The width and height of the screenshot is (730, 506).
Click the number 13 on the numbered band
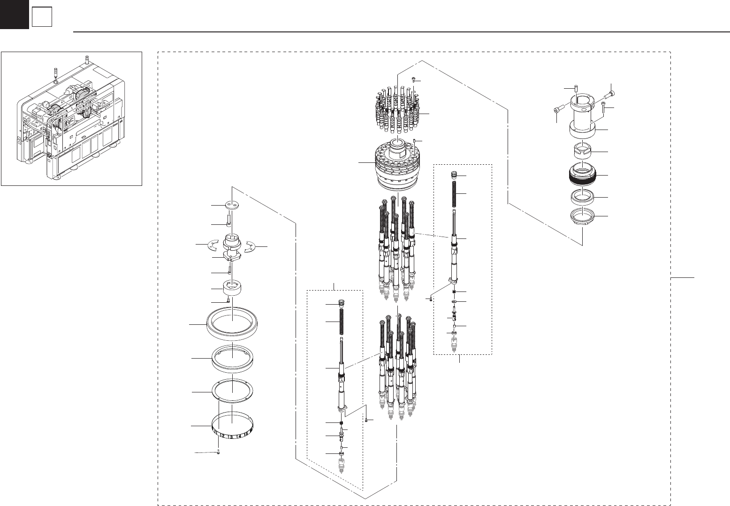(x=230, y=437)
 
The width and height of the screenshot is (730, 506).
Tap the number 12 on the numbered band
(x=222, y=435)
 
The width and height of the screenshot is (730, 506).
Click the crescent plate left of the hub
(x=213, y=245)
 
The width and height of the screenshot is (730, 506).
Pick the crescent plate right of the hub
(x=250, y=245)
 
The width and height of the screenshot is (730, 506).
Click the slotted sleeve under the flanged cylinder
(x=581, y=152)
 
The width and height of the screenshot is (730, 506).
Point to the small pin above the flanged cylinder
(x=577, y=88)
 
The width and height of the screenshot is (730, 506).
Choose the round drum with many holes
(x=397, y=167)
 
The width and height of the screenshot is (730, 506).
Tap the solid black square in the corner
(x=14, y=14)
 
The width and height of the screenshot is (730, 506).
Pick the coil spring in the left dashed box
(x=341, y=321)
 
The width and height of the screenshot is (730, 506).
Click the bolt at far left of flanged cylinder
(x=556, y=109)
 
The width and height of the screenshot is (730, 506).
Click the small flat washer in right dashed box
(x=454, y=301)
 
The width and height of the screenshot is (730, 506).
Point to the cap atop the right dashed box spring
(x=454, y=176)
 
